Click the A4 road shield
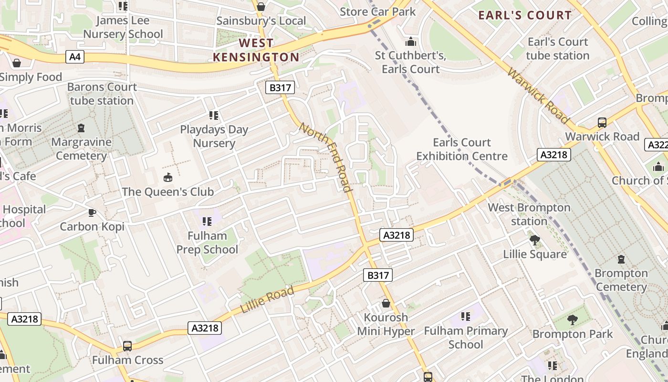click(x=75, y=57)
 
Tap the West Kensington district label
click(x=256, y=50)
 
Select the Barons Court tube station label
click(x=102, y=94)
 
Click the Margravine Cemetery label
click(x=81, y=149)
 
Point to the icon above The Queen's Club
click(x=168, y=178)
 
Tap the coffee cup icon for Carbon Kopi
click(x=92, y=212)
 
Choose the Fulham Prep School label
click(x=207, y=243)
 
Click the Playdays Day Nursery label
click(x=214, y=137)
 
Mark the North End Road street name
click(x=326, y=157)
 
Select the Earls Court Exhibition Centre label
click(x=462, y=149)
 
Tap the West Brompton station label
click(x=529, y=214)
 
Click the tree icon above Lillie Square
click(x=535, y=240)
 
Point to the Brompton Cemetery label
click(x=621, y=280)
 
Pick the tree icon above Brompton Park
click(x=572, y=320)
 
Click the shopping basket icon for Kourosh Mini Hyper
click(x=386, y=303)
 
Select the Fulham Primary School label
click(x=466, y=338)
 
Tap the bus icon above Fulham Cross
click(x=127, y=346)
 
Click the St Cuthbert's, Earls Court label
click(x=410, y=62)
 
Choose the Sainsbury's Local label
click(x=261, y=21)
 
